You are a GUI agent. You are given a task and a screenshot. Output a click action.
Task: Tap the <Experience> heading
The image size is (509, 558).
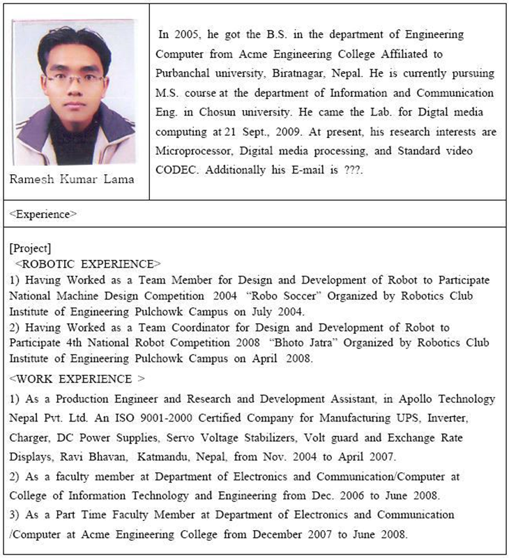43,215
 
